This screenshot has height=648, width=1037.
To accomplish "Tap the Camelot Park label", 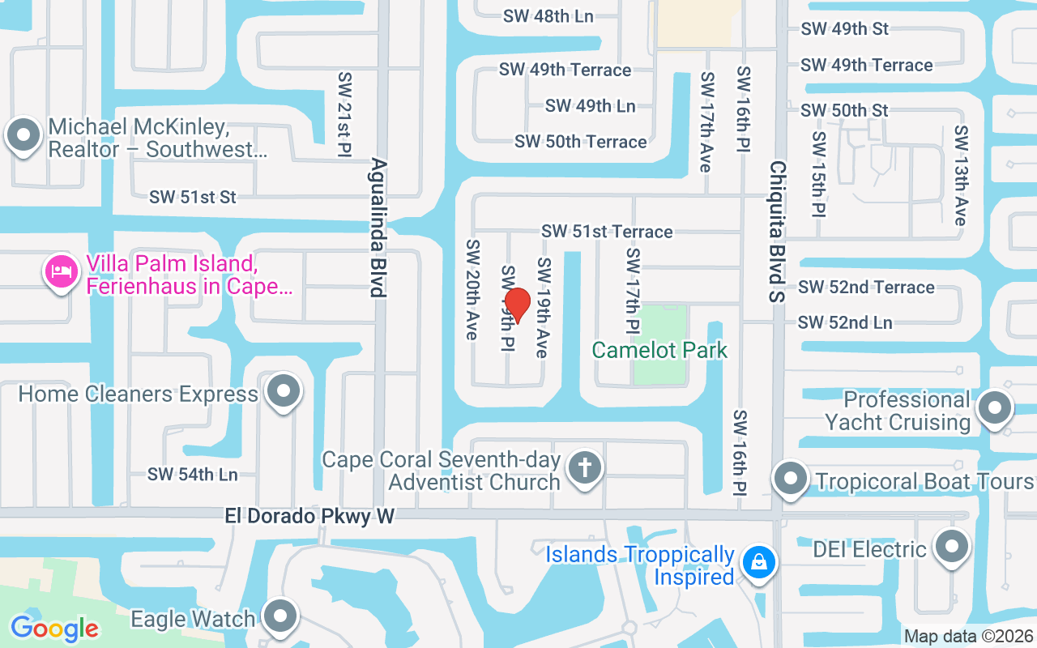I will (659, 350).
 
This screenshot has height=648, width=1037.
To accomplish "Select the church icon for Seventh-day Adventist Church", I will (584, 468).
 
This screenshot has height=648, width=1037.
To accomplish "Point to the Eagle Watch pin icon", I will (281, 617).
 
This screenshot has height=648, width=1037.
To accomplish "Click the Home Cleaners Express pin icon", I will (284, 392).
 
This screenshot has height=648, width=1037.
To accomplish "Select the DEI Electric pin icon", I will (952, 548).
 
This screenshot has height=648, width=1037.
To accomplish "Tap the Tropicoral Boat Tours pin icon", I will (790, 480).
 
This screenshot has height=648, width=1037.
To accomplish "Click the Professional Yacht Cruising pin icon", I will (996, 408).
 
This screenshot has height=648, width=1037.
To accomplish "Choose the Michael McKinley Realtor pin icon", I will (23, 134).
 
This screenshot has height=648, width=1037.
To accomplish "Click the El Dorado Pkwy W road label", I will (309, 516).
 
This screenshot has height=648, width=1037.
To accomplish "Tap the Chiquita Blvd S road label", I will (778, 231).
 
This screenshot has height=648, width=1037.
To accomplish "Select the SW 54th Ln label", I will (193, 474).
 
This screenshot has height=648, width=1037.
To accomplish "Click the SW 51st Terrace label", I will (607, 232).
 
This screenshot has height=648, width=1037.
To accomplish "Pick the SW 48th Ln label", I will (548, 16).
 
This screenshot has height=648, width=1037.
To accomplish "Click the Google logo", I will (54, 629).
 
